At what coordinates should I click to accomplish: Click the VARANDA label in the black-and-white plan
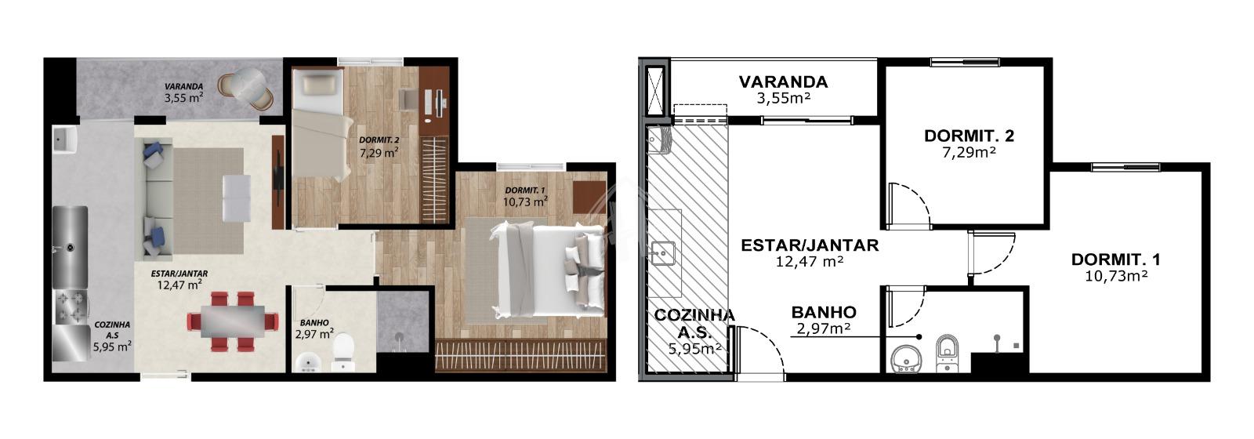click(x=783, y=82)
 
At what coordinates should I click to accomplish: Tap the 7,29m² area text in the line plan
click(x=969, y=152)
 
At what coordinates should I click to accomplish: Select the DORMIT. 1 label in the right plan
click(x=1116, y=259)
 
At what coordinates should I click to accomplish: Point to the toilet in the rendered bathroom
click(x=342, y=352)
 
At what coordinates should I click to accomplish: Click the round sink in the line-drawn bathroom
click(x=906, y=359)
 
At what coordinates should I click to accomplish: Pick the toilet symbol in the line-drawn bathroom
click(x=948, y=354)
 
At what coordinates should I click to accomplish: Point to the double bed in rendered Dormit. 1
click(x=548, y=270)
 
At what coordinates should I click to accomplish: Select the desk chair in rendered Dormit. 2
click(x=408, y=99)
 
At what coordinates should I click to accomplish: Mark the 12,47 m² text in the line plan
click(x=810, y=261)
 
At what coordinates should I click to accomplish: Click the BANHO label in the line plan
click(x=824, y=312)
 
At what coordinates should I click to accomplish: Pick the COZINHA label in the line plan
click(x=694, y=314)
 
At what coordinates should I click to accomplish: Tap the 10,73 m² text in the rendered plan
click(x=525, y=201)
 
